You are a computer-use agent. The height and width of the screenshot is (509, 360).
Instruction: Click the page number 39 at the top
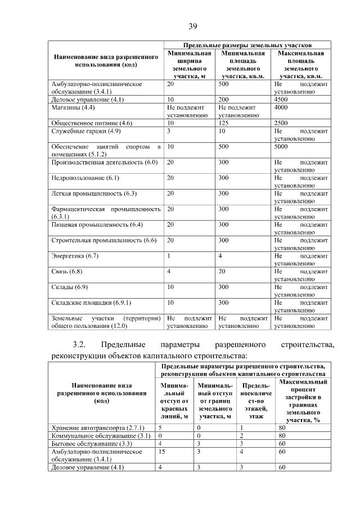(x=192, y=26)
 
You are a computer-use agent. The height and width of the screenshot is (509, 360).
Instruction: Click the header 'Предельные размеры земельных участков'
(x=248, y=44)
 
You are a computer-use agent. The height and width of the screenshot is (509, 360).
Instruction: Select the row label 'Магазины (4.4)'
(x=73, y=107)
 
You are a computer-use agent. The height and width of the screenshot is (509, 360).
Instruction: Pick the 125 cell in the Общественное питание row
(x=224, y=123)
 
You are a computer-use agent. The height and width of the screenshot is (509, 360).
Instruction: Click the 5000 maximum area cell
(x=283, y=147)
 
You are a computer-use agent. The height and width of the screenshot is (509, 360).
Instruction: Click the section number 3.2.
(x=79, y=344)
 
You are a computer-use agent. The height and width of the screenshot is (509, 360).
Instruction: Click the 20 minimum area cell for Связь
(x=223, y=272)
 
